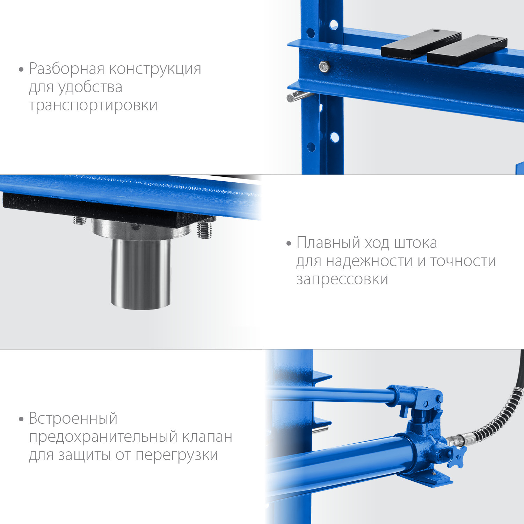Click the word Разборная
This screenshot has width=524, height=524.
pos(67,69)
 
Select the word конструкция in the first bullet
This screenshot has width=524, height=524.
pos(155,69)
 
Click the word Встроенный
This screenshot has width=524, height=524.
pos(73,419)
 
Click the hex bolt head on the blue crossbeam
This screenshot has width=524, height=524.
pos(324,66)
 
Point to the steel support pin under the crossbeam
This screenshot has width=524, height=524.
pos(298,96)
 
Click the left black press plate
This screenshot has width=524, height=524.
pos(421,44)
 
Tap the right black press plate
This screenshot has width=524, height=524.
pos(467,50)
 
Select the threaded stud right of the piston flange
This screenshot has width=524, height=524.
pos(204,230)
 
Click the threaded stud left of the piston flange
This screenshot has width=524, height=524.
pos(80,220)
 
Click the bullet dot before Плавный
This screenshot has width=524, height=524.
pos(289,243)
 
